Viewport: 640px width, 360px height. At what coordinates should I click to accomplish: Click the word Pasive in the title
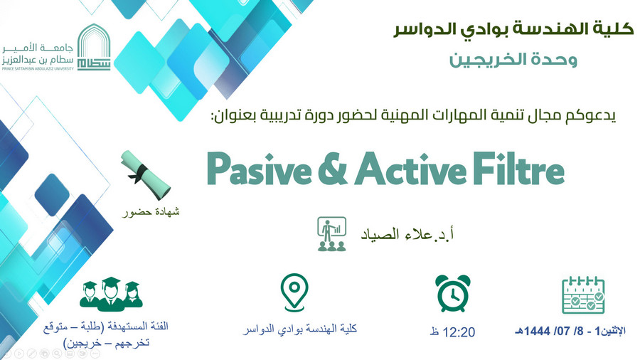tap(260, 169)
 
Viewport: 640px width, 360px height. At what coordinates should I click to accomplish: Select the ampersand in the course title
tap(333, 169)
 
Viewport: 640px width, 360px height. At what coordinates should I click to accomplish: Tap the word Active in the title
tap(410, 169)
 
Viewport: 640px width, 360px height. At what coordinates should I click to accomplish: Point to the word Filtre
tap(519, 169)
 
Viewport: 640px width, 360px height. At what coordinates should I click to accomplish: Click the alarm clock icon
tap(453, 293)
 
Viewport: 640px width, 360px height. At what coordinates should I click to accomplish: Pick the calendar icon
tap(583, 295)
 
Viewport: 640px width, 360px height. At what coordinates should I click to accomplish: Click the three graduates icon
tap(111, 294)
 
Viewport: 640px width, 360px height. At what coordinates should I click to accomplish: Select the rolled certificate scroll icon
tap(145, 174)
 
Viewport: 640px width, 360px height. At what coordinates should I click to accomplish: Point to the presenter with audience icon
tap(332, 234)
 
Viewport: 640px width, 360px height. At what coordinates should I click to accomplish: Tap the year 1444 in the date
tap(538, 331)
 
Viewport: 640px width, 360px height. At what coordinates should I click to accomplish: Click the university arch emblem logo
tap(94, 47)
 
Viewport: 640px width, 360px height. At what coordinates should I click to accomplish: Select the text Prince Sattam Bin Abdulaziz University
tap(38, 68)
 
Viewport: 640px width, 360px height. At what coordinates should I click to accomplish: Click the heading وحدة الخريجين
tap(513, 60)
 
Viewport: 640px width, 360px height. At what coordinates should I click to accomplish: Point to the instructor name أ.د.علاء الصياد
tap(407, 234)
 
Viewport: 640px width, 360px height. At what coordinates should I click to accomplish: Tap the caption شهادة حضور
tap(151, 212)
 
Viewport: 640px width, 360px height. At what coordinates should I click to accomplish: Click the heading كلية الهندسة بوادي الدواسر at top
tap(513, 29)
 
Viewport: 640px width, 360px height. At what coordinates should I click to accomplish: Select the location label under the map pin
tap(300, 329)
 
